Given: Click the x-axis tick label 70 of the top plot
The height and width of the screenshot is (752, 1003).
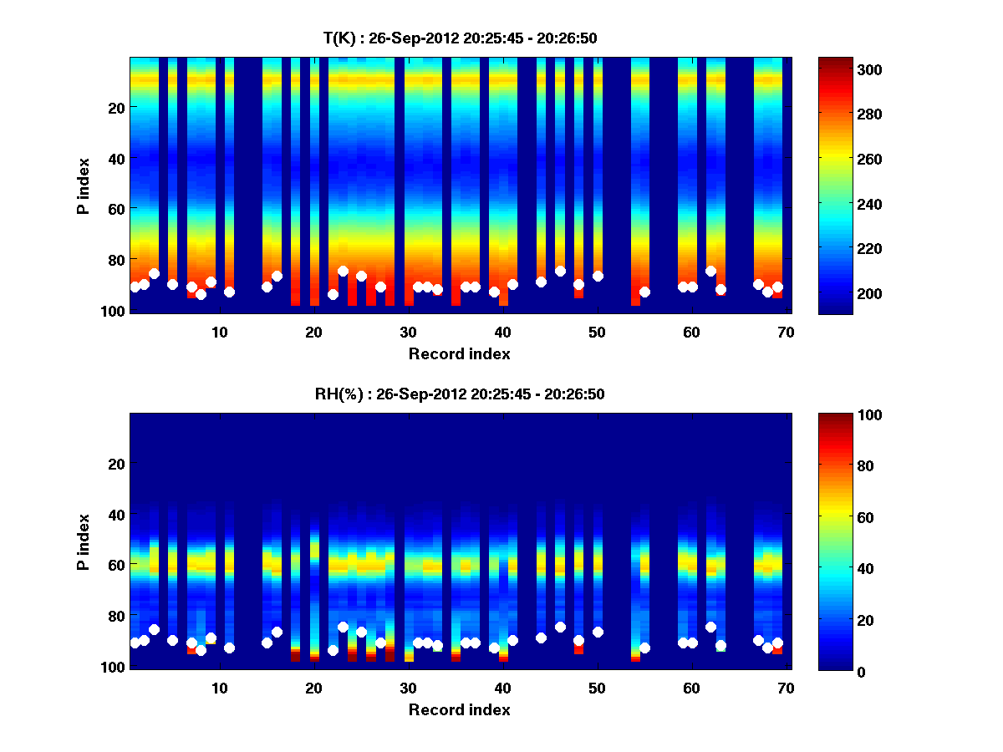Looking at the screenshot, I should coord(785,332).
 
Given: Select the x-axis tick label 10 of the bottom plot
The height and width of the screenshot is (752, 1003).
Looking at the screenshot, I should coord(219,688).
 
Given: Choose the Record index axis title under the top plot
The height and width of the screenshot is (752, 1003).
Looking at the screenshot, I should coord(459,353).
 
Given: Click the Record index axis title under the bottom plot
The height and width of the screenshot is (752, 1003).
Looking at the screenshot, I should coord(459,709).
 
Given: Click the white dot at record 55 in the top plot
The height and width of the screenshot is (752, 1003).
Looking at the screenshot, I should coord(644,292).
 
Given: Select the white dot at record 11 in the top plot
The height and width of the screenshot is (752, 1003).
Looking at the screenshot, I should coord(229,292).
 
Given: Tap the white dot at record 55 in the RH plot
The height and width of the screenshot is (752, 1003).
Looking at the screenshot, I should coord(644,648).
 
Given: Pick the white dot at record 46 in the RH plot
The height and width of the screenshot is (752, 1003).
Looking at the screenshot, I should coord(560,627).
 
